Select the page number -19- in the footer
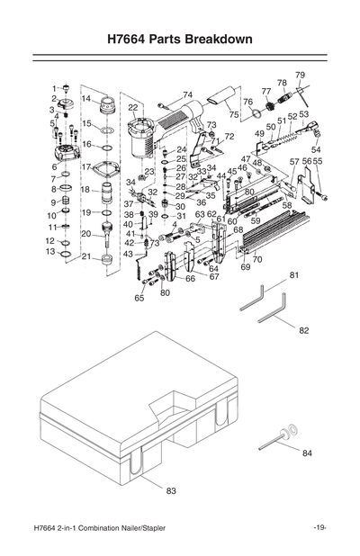[x=319, y=527]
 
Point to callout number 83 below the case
[x=171, y=490]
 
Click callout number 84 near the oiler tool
[x=307, y=453]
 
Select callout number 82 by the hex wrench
[x=303, y=330]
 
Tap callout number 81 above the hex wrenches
[x=293, y=274]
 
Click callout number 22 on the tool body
[x=133, y=107]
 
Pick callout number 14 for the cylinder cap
[x=86, y=99]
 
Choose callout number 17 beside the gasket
[x=86, y=166]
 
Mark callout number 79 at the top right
[x=300, y=75]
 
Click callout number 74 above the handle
[x=187, y=94]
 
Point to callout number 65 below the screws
[x=139, y=297]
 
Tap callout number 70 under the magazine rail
[x=257, y=259]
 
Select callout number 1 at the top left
[x=54, y=87]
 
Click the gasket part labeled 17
[x=112, y=168]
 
